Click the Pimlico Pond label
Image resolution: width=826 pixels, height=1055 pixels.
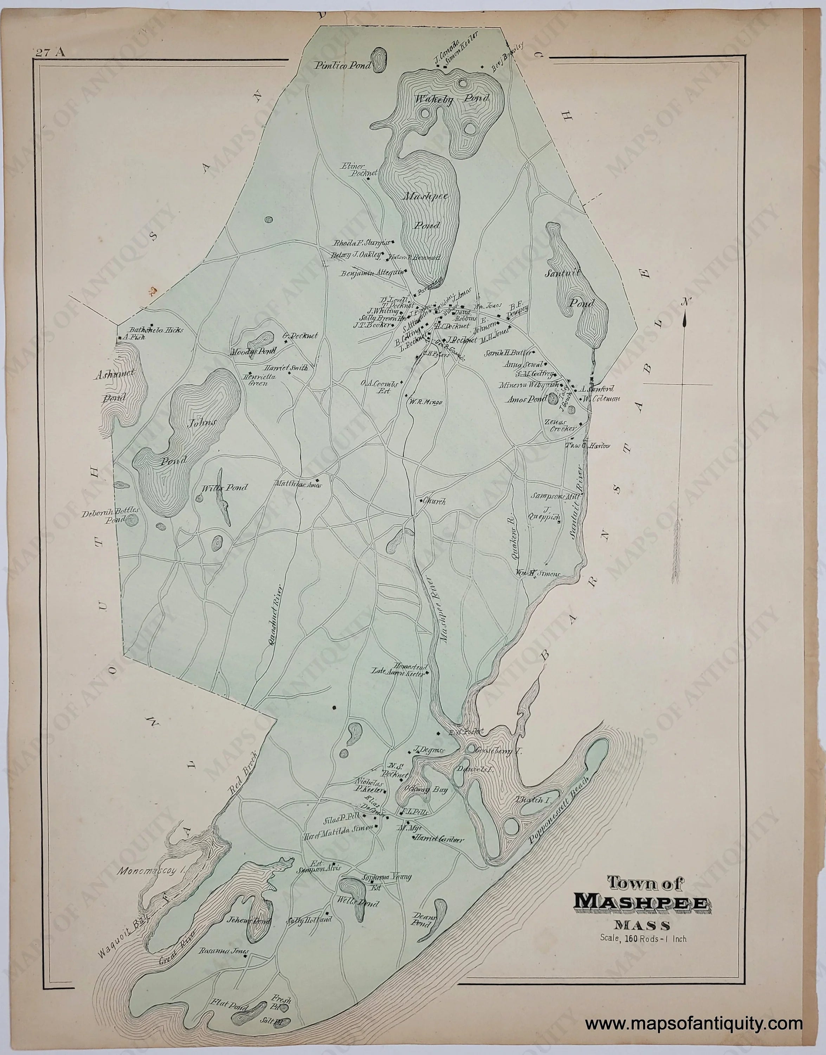pos(342,66)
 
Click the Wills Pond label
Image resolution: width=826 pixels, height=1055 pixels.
pos(224,488)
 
